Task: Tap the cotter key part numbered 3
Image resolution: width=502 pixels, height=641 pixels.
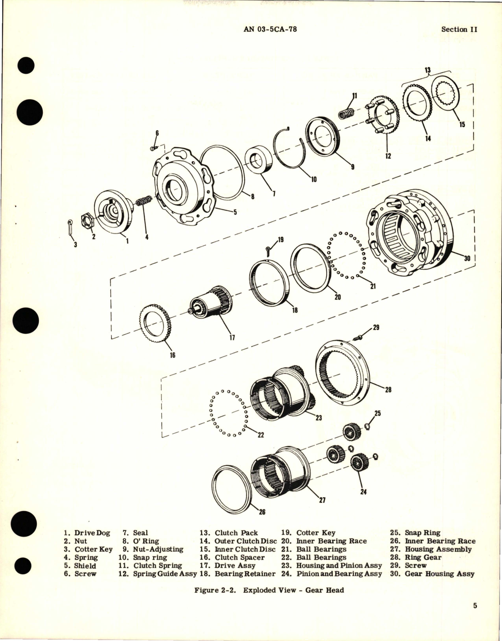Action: (69, 228)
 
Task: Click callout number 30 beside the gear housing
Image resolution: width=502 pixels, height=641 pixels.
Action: (467, 258)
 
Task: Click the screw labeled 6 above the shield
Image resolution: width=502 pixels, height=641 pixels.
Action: (153, 148)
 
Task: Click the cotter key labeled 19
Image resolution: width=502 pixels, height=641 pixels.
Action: (267, 248)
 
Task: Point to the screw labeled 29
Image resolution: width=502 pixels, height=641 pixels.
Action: (358, 336)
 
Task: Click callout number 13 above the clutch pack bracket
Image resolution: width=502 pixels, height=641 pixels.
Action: (427, 70)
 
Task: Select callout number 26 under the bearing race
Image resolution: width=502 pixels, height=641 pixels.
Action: (262, 512)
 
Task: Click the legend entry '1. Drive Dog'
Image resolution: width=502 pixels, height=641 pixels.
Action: (87, 533)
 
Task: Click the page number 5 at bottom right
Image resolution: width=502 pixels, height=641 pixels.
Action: (475, 617)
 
